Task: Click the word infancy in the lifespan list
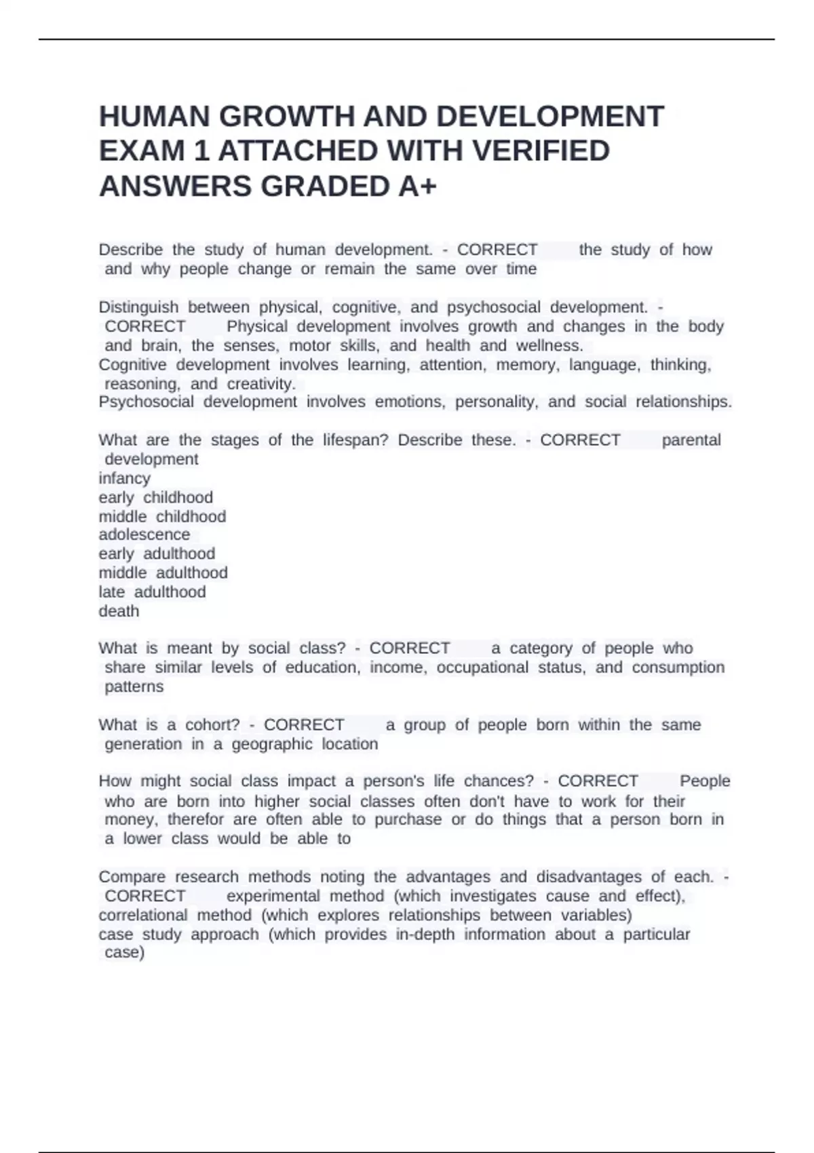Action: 124,478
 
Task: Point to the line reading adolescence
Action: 144,534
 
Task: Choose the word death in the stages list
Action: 119,611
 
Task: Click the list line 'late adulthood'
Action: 152,592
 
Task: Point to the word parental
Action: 691,440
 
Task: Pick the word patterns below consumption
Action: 134,687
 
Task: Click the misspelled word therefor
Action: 192,820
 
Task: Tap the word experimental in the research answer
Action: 273,896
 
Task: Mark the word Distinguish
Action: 138,307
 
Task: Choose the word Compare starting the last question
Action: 132,877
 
